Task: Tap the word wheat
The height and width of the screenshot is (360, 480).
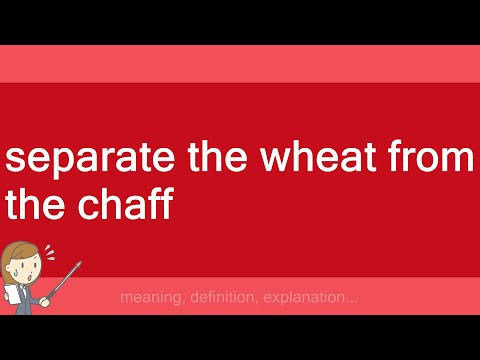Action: [x=318, y=159]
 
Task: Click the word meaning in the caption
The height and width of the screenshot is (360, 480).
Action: [x=148, y=298]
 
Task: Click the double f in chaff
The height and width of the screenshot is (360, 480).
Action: [x=160, y=206]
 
